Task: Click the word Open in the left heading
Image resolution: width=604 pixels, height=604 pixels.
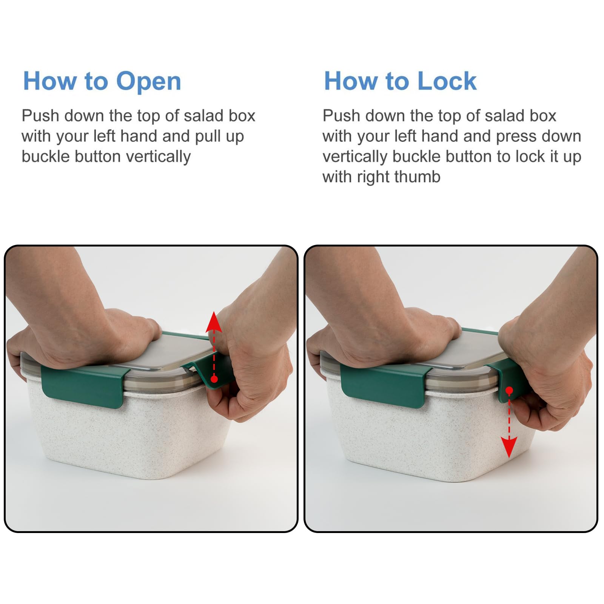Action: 149,82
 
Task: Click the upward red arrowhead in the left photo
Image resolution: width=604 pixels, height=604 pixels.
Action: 214,322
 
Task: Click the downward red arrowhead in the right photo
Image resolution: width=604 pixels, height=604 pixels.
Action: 509,447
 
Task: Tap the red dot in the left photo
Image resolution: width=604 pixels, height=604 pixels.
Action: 214,379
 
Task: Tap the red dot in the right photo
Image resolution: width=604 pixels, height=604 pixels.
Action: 509,390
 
